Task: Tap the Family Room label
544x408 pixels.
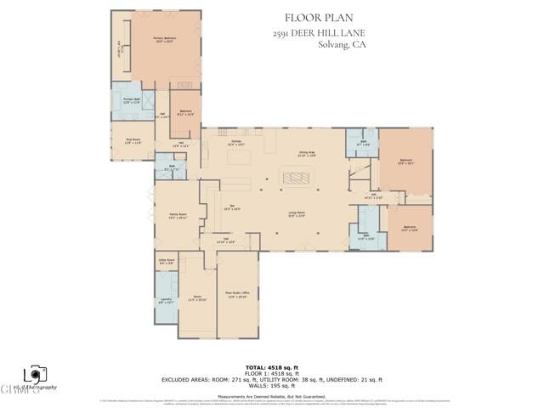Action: [178, 216]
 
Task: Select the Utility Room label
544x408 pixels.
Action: [167, 262]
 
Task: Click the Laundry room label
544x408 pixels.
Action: [167, 301]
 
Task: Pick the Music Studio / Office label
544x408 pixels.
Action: [237, 295]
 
